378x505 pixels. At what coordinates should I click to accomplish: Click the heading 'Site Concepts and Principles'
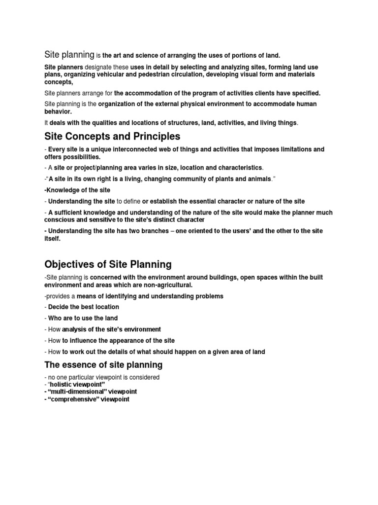click(x=112, y=136)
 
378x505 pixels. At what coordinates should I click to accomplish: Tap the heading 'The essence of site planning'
click(x=103, y=365)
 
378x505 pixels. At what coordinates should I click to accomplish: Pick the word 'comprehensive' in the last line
click(x=73, y=399)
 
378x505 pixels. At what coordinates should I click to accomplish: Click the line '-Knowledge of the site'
click(x=77, y=190)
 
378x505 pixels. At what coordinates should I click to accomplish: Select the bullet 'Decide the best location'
click(x=84, y=307)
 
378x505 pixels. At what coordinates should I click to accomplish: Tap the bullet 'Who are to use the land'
click(x=83, y=318)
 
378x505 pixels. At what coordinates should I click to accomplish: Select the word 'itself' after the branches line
click(x=52, y=238)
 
